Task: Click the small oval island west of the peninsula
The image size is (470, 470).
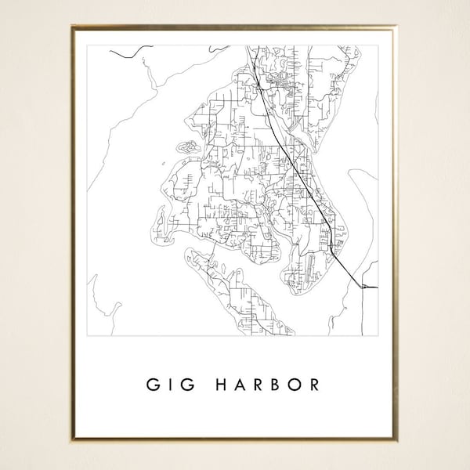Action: (x=187, y=146)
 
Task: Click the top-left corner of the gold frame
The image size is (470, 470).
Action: (x=72, y=27)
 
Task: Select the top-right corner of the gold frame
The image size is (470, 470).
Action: (x=397, y=27)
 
